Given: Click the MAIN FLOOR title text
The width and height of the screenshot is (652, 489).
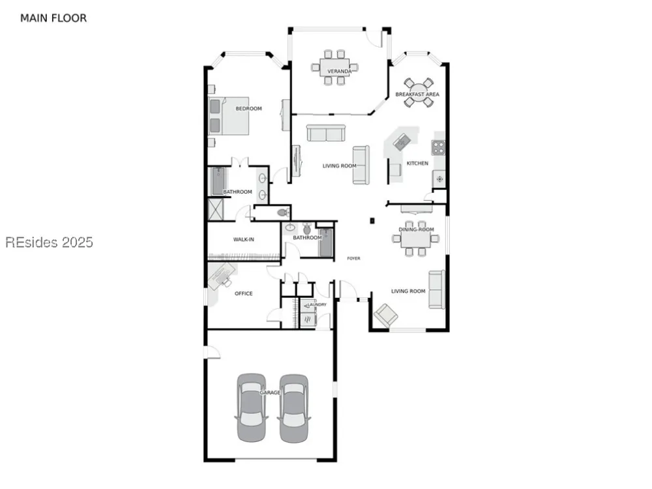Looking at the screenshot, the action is (53, 18).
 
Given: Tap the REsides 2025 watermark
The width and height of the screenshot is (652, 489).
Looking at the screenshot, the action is (49, 242).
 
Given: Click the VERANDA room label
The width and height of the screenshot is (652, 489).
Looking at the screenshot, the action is (339, 71).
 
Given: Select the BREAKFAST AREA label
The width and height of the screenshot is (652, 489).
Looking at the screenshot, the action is (417, 95).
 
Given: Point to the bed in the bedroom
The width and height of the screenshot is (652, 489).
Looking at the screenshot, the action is (229, 116).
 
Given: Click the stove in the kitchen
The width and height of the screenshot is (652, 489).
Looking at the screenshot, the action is (438, 147).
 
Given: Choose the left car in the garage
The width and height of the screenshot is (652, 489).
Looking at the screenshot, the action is (251, 407).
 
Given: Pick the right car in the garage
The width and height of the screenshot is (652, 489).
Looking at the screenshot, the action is (294, 408).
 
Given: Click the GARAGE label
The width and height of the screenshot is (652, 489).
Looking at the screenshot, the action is (271, 393).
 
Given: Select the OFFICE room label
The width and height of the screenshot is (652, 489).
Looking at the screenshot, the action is (244, 293).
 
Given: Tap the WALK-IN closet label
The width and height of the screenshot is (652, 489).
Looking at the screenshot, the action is (244, 239).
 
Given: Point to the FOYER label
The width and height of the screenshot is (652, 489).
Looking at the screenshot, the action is (354, 259).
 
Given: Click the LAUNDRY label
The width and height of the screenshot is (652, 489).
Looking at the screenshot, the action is (318, 304).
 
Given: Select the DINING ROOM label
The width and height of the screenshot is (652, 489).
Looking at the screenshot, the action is (416, 230).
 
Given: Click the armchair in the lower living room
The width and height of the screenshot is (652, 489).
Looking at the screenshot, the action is (386, 315).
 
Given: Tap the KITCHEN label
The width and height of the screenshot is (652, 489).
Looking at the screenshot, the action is (417, 164).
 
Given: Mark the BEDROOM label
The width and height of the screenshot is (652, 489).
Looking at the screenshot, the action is (248, 109).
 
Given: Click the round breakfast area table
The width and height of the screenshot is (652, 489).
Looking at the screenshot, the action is (417, 93).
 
